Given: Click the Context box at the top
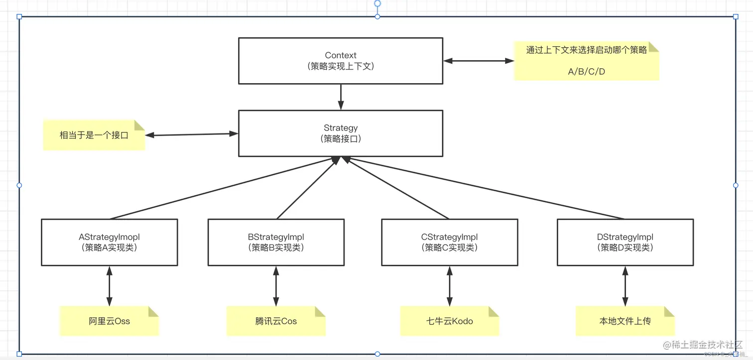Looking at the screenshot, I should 341,61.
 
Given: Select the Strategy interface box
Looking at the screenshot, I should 341,133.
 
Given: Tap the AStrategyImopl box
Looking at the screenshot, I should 109,242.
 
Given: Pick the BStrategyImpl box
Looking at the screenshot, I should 276,242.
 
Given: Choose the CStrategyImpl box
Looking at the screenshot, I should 449,242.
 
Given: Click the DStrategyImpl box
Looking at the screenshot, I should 625,242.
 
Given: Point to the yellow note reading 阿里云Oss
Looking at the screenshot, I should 109,321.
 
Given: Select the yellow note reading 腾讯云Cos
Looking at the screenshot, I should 276,321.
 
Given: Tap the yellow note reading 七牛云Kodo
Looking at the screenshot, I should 449,321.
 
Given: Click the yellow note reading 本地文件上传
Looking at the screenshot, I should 625,321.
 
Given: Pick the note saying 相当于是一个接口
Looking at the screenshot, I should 94,135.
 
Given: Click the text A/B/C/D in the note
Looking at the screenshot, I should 586,72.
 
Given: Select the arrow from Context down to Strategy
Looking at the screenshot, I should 341,97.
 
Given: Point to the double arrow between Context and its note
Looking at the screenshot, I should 478,61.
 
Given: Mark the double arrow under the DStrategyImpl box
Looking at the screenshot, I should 625,286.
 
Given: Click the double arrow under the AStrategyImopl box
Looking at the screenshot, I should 109,286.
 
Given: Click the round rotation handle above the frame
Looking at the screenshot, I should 377,3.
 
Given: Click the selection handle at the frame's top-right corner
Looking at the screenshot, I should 736,16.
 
